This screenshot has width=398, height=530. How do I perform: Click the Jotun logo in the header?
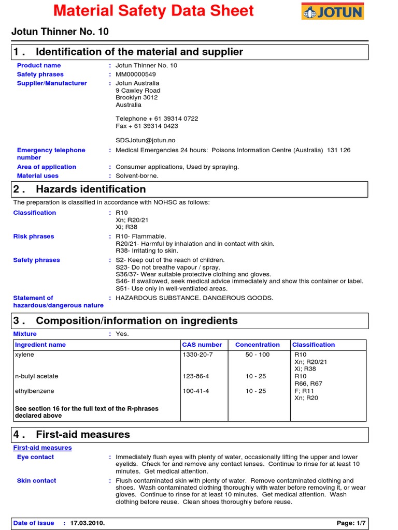pos(333,11)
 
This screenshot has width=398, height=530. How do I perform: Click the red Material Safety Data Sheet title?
pos(154,11)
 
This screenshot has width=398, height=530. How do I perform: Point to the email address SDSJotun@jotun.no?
pos(146,140)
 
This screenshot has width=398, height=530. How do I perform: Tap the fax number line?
pos(147,126)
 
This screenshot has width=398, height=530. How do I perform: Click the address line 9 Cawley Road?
pos(138,91)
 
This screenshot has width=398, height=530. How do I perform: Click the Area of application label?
pos(46,167)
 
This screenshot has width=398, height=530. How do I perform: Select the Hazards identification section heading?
pos(91,189)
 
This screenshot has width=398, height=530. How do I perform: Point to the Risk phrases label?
pos(33,237)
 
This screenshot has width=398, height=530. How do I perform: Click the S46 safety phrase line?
pos(239,281)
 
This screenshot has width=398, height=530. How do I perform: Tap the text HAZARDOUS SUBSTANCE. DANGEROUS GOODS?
pos(194,298)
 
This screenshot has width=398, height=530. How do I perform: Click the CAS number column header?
pos(202,345)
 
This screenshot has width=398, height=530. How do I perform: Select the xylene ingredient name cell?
pos(24,355)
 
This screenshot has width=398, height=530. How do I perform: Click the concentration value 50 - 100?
pos(258,355)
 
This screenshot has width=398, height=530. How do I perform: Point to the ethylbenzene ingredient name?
pos(34,391)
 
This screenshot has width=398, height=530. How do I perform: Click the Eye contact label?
pos(35,458)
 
